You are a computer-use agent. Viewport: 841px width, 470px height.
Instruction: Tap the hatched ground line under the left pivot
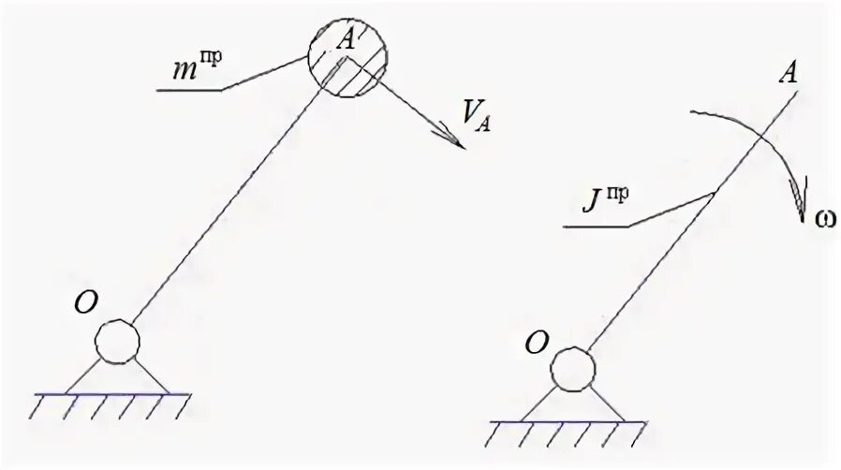pyautogui.click(x=111, y=401)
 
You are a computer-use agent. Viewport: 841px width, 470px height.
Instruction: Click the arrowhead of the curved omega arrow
pyautogui.click(x=798, y=198)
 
